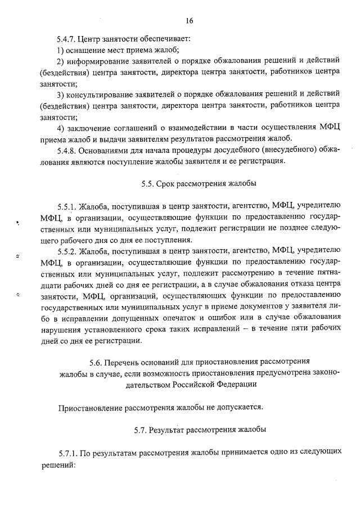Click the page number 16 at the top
tap(189, 21)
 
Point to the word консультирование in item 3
tap(103, 94)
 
